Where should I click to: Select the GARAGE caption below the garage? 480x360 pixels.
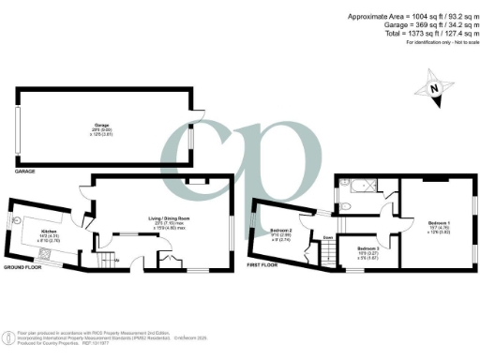(26, 172)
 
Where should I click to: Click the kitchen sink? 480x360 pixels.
(19, 221)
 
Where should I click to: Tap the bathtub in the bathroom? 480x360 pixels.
(366, 183)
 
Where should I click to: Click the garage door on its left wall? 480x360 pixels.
(18, 124)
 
